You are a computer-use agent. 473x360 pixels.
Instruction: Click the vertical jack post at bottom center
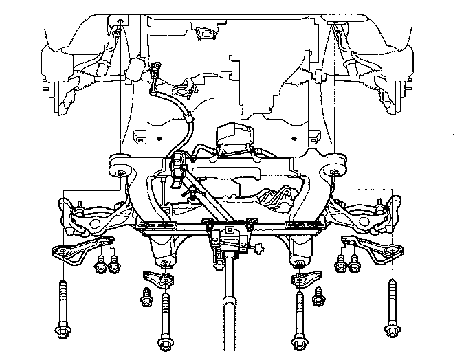coord(230,323)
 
